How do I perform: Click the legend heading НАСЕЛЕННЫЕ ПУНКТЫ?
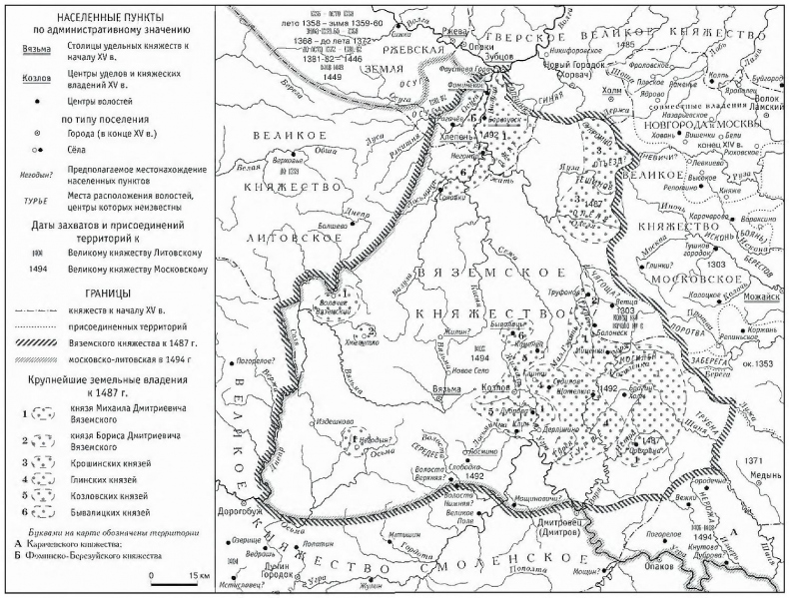click(110, 21)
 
